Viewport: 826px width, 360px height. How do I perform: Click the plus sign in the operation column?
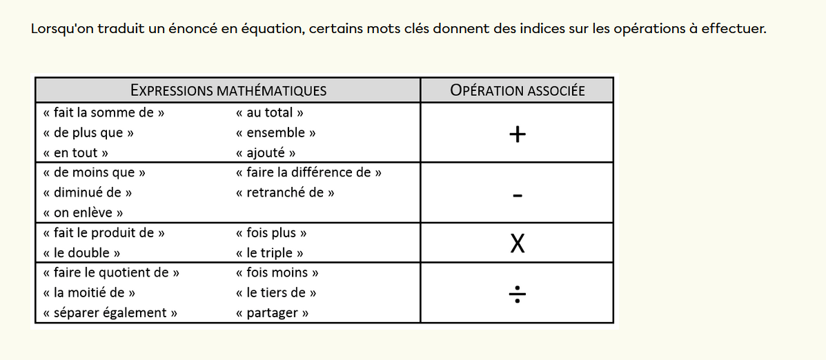[x=517, y=134]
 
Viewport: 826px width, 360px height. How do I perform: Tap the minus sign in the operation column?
[x=517, y=196]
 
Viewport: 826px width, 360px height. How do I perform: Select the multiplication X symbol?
[x=517, y=243]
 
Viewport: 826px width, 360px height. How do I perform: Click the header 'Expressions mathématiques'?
[x=228, y=90]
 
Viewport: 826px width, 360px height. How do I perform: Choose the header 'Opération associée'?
[x=517, y=90]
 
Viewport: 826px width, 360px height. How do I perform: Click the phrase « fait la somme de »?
[x=104, y=112]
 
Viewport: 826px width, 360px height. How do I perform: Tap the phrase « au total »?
[x=270, y=112]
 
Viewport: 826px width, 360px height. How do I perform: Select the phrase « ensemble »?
[x=276, y=132]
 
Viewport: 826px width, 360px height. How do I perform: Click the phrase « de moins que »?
[x=94, y=172]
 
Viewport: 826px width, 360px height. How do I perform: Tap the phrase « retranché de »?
[x=285, y=192]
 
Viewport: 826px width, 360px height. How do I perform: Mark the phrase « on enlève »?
[x=83, y=212]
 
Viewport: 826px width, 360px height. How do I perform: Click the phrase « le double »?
[x=82, y=252]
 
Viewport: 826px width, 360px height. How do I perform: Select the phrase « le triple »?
[x=269, y=252]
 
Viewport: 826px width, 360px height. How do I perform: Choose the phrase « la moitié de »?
[x=88, y=292]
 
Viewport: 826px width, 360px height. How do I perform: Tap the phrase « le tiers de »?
[x=276, y=292]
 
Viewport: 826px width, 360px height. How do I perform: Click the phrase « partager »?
[x=272, y=313]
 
